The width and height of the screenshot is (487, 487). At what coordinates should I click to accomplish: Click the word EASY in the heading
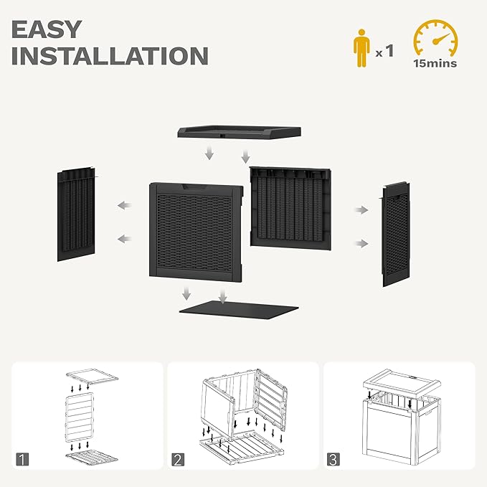(47, 29)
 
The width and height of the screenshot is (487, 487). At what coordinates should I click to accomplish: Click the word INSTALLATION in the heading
(110, 56)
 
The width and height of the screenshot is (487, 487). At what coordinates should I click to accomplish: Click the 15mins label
(435, 63)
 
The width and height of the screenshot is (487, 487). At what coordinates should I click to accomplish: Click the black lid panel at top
(238, 131)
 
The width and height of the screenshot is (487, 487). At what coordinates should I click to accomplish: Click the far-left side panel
(77, 214)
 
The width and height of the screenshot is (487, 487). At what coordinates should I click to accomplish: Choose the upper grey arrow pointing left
(124, 206)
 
